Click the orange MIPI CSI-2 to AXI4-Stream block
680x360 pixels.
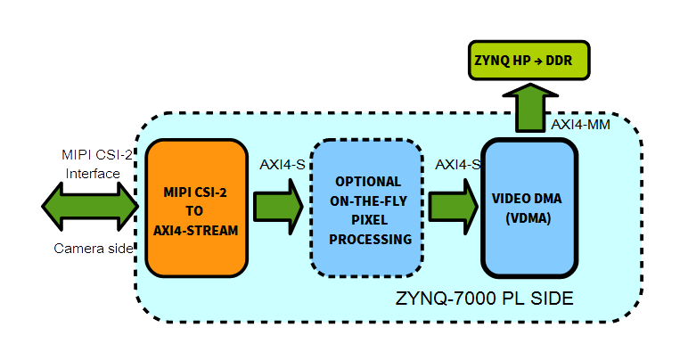196,207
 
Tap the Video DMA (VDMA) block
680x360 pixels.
529,207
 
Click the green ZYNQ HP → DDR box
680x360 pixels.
528,62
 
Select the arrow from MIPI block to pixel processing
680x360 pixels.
279,206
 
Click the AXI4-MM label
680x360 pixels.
580,125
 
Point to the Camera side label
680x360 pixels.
91,248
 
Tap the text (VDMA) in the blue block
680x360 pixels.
529,217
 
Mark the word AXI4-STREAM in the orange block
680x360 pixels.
196,230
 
